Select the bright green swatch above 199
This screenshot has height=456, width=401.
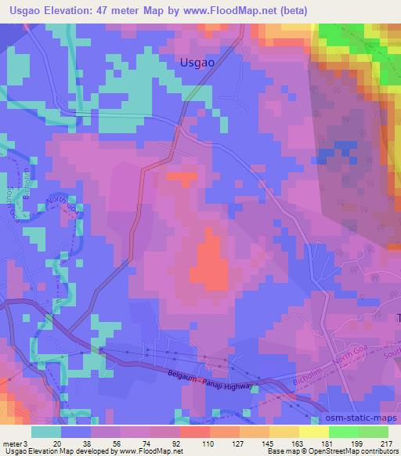tap(343, 431)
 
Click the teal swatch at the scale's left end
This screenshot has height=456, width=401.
tap(46, 431)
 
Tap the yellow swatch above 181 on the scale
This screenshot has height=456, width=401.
tap(313, 431)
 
